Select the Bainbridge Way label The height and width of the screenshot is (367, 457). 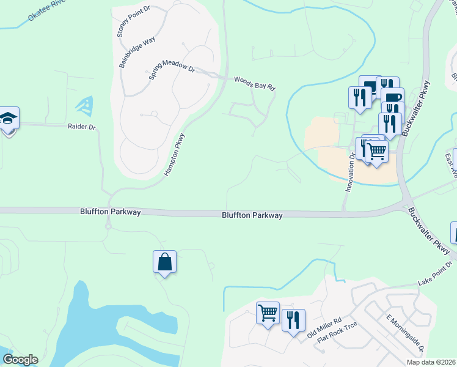pos(137,52)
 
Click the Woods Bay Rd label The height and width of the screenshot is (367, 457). pos(255,83)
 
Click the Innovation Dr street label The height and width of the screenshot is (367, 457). pos(351,173)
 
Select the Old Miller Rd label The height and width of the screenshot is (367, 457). pos(324,329)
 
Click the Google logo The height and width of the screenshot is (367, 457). pos(20,360)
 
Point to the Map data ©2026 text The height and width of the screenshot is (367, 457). pos(431,362)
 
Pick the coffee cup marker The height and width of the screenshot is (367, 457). pos(392,97)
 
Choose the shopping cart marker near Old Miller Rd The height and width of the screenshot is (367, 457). pos(268,313)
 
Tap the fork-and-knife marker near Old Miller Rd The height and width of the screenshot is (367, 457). pos(293,320)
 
